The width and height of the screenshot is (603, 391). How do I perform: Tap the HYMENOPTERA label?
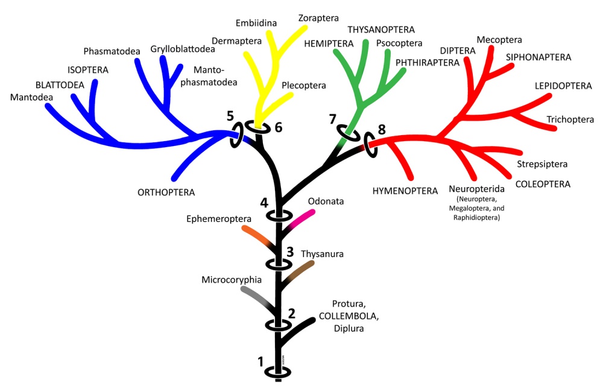[x=405, y=191]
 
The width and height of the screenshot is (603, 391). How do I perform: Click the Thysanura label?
[x=322, y=254]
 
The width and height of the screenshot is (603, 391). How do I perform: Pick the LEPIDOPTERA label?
[x=563, y=86]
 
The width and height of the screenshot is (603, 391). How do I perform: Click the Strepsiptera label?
[x=542, y=164]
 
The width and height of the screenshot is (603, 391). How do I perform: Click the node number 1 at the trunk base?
[x=261, y=362]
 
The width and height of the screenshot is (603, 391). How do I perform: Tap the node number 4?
[x=264, y=203]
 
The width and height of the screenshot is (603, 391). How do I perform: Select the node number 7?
[x=332, y=119]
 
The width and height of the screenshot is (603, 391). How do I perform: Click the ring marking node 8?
[x=370, y=145]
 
